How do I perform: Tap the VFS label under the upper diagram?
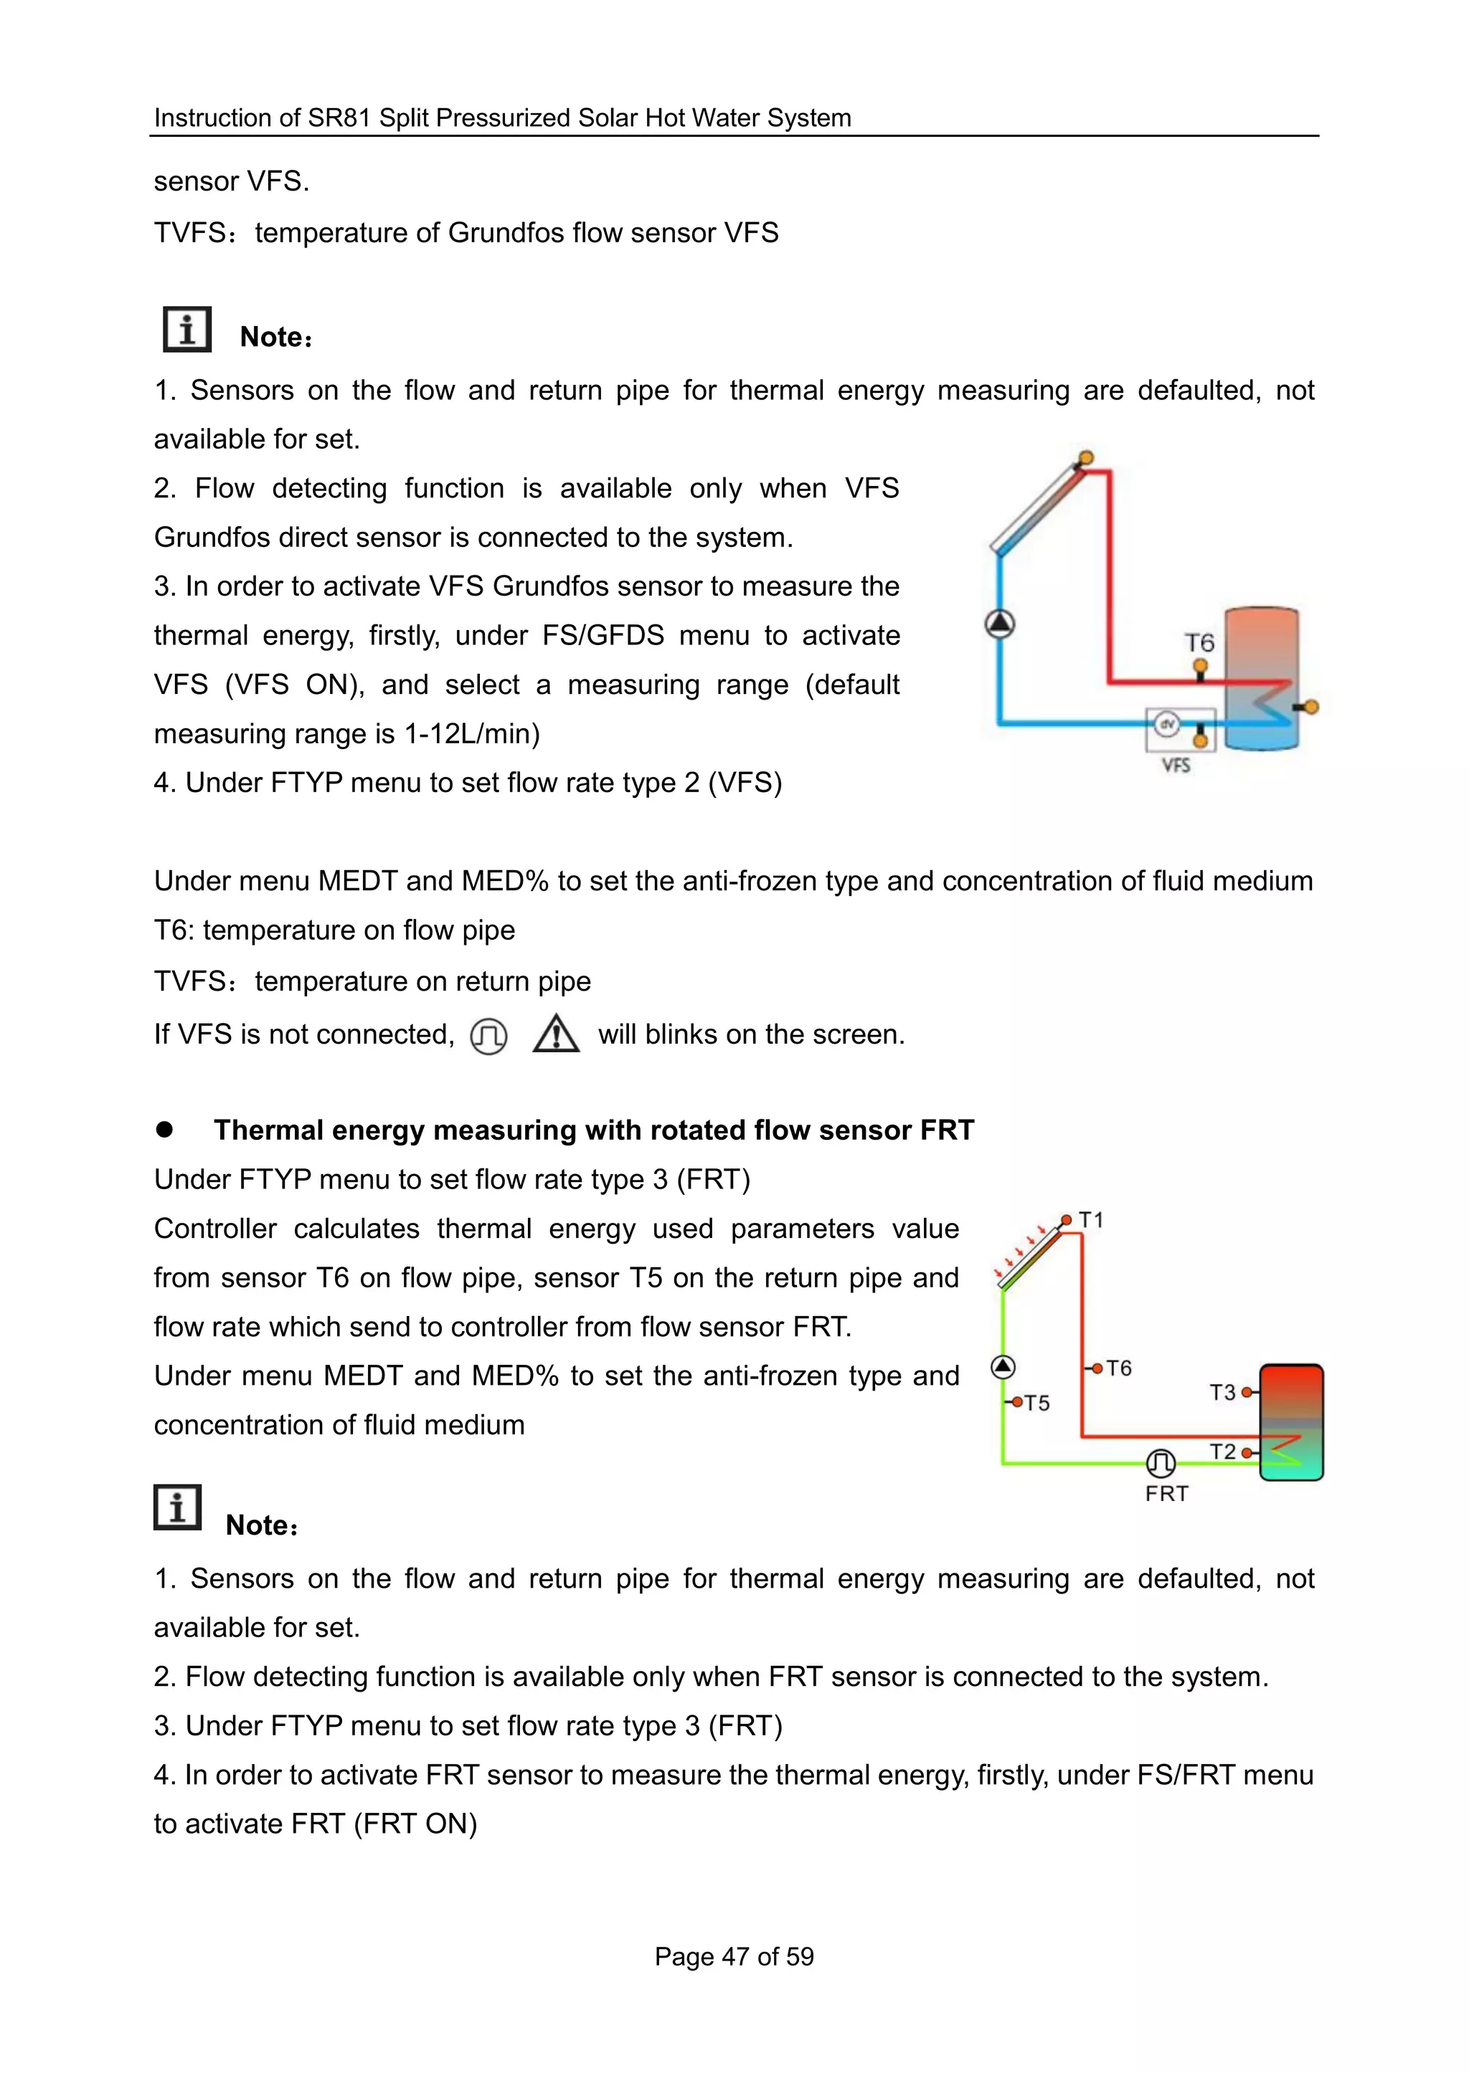(x=1175, y=765)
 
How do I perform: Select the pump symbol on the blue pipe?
(x=999, y=624)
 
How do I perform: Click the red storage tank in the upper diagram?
(x=1262, y=678)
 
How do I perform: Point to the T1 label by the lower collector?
(x=1091, y=1221)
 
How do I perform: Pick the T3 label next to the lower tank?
(x=1222, y=1392)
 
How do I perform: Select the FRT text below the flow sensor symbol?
(x=1166, y=1494)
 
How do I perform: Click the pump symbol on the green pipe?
(x=1002, y=1366)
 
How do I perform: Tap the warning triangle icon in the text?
(x=555, y=1034)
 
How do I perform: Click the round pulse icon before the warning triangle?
(x=488, y=1036)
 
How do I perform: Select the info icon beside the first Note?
(x=186, y=329)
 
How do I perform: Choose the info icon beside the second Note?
(x=177, y=1507)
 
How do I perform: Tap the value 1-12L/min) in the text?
(x=471, y=733)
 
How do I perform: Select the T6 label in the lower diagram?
(x=1118, y=1368)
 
